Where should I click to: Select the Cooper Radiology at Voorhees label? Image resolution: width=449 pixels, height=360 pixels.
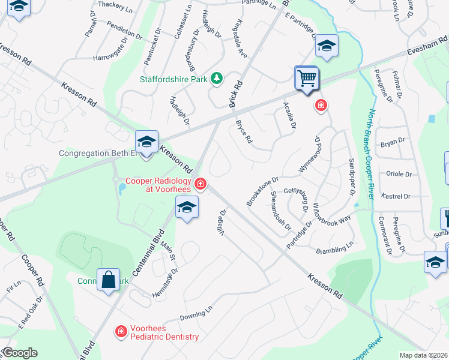[x=158, y=185]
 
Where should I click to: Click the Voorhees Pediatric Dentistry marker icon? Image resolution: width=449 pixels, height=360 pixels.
[x=121, y=331]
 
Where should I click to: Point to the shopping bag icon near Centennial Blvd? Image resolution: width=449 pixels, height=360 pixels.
[x=107, y=280]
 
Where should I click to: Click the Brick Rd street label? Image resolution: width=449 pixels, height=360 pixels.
[x=236, y=94]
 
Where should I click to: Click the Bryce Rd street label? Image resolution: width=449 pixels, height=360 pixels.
[x=243, y=133]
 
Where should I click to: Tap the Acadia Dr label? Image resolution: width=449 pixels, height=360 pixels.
[x=289, y=114]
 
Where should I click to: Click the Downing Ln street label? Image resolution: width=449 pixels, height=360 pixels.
[x=196, y=314]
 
